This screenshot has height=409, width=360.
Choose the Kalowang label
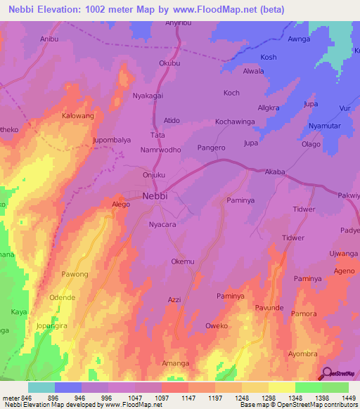coord(78,115)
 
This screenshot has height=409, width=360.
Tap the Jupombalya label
coord(112,140)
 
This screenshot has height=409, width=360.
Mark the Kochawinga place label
coord(235,122)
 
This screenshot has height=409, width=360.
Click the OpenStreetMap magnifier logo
coord(326,374)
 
